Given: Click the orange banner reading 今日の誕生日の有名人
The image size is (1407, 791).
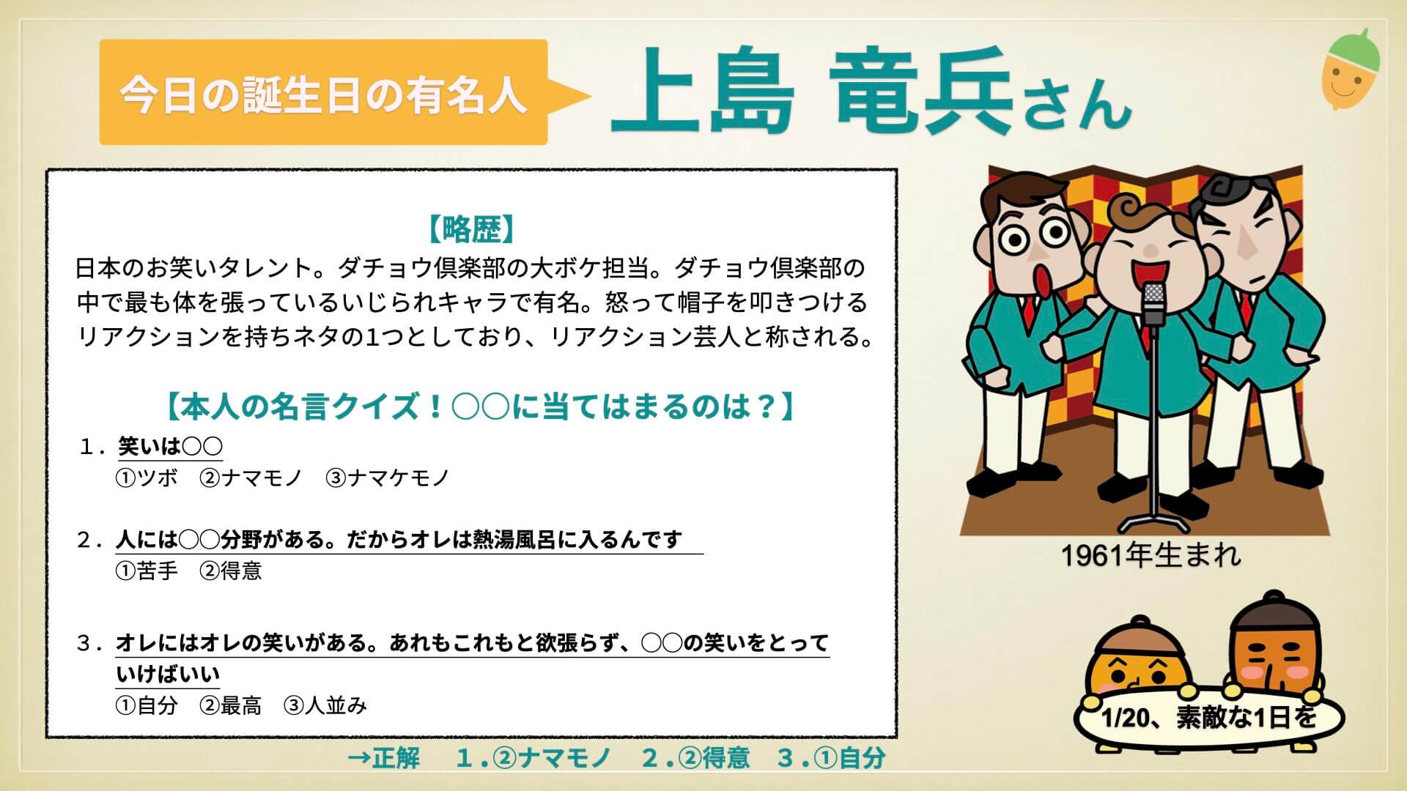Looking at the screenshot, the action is pos(324,92).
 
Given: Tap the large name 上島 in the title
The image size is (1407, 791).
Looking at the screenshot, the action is pos(703,92).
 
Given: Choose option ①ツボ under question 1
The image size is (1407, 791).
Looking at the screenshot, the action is pos(147,478).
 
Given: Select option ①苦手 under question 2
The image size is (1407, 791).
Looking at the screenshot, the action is pos(147,571).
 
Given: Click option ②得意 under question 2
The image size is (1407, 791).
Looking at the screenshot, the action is pos(231,571).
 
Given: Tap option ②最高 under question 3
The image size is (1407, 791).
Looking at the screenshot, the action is pos(231,705).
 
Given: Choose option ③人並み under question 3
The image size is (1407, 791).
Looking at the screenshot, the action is pos(325,705).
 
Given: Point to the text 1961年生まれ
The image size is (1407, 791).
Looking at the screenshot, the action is pos(1151,556).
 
